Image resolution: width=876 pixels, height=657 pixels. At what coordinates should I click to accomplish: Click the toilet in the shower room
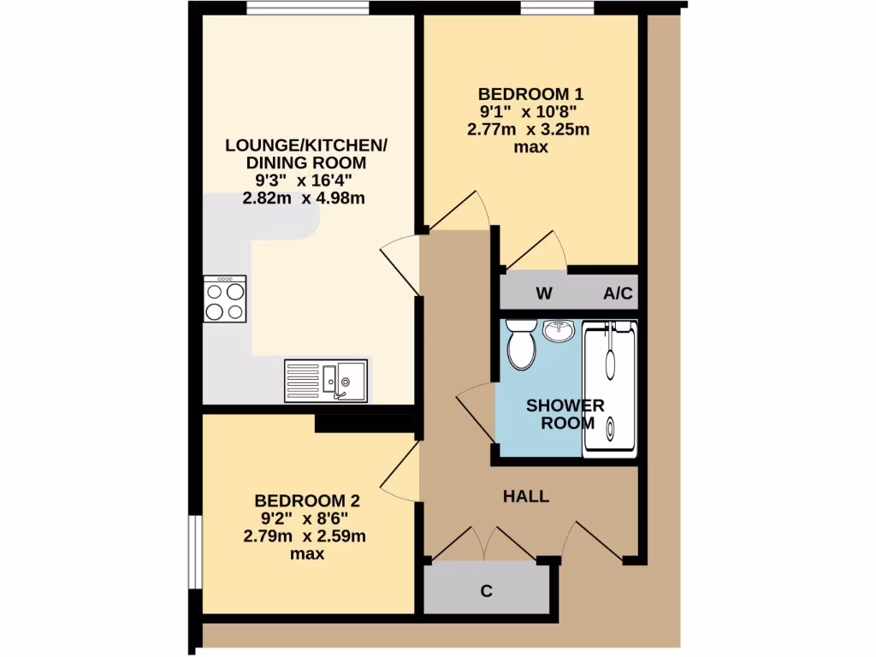click(521, 344)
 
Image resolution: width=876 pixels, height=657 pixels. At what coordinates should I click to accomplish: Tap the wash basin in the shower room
click(559, 330)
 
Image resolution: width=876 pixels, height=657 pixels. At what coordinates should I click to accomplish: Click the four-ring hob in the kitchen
click(225, 299)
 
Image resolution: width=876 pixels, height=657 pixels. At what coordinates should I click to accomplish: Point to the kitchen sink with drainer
click(326, 380)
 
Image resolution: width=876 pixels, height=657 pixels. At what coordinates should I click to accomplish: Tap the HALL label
click(525, 496)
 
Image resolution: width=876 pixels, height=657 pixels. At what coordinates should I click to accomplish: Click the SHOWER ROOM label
click(565, 413)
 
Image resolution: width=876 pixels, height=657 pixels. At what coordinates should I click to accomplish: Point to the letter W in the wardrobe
click(543, 294)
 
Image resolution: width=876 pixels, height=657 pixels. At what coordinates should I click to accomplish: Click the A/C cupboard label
click(618, 294)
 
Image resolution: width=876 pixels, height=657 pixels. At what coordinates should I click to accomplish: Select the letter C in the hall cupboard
click(486, 591)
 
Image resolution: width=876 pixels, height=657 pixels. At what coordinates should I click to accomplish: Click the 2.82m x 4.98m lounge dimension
click(305, 199)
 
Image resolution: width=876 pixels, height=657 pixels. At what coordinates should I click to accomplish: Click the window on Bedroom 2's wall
click(195, 552)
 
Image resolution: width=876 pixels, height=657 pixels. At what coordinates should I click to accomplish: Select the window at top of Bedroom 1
click(558, 9)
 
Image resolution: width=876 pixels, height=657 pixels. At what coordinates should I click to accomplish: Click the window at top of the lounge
click(308, 9)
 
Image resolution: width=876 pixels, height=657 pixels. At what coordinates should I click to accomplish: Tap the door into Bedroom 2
click(399, 475)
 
